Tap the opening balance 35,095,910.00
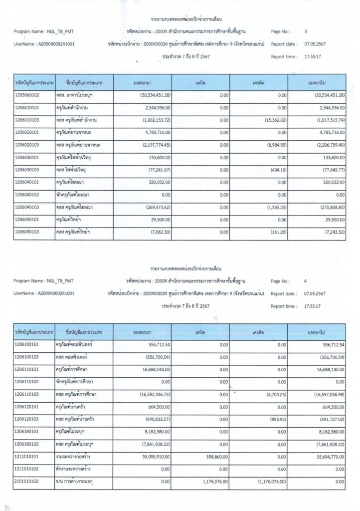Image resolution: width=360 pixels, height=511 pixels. tap(158, 456)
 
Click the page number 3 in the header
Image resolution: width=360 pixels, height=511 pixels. tap(306, 31)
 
